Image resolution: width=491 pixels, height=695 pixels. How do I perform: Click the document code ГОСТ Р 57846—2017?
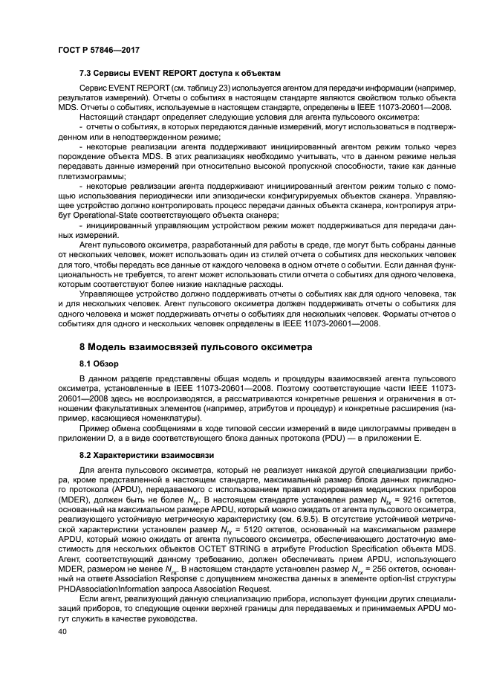coord(99,50)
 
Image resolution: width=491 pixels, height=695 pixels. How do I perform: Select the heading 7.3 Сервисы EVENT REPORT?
coord(181,73)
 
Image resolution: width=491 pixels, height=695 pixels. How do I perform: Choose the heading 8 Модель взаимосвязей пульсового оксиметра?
coord(195,346)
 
